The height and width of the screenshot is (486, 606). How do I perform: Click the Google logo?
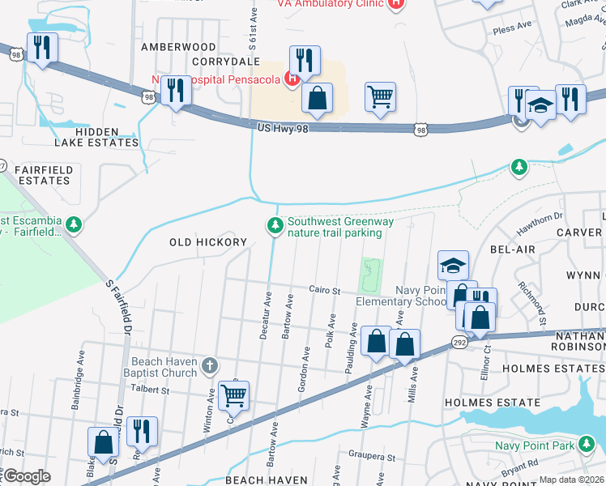click(x=26, y=476)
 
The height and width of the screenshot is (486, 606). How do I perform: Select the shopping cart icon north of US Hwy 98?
click(x=380, y=97)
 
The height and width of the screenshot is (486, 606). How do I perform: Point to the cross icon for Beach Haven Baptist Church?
click(x=210, y=365)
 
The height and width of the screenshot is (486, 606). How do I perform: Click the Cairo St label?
click(x=322, y=289)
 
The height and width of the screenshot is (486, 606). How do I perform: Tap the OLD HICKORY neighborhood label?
click(x=207, y=242)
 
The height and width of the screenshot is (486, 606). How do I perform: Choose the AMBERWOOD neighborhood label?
click(x=178, y=48)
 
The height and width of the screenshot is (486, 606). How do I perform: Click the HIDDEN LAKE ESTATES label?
click(x=107, y=137)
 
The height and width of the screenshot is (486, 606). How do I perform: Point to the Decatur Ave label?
click(x=266, y=310)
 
